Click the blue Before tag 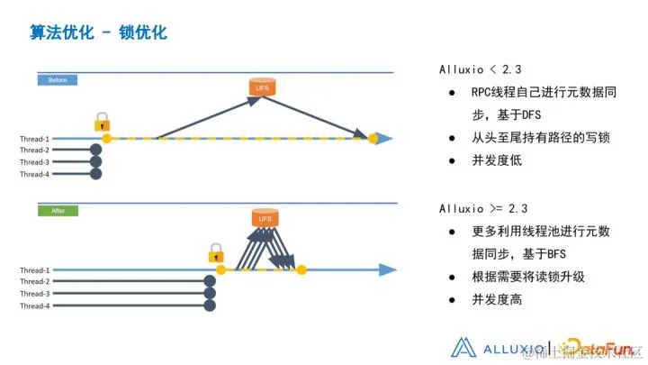pos(58,80)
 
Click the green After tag pos(58,211)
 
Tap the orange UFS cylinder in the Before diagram pos(261,87)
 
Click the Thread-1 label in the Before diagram pos(35,139)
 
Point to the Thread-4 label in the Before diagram pos(35,174)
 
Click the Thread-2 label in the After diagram pos(35,281)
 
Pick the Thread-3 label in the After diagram pos(35,294)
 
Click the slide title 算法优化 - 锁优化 pos(98,32)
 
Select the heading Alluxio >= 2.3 pos(482,209)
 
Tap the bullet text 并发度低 pos(496,160)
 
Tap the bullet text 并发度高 pos(496,299)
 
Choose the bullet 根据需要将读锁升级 pos(528,277)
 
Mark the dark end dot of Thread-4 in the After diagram pos(210,306)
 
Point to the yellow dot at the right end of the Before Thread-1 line pos(373,139)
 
